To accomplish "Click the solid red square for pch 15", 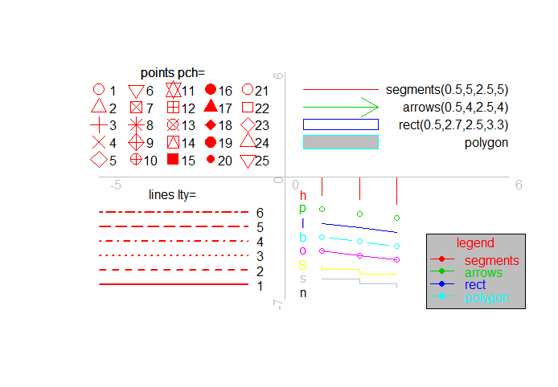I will (x=173, y=159).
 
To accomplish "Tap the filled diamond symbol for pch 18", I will (x=211, y=124).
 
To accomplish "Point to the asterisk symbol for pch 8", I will (x=136, y=124).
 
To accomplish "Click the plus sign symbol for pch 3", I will (x=99, y=124).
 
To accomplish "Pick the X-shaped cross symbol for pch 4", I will (x=99, y=142).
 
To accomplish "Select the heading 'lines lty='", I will (x=172, y=194).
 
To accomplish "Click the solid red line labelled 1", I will (x=173, y=284).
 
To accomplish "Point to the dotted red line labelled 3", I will (x=173, y=255).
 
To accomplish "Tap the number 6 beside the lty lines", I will (x=260, y=213).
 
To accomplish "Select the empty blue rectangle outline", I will (x=340, y=124).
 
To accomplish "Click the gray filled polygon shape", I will (x=340, y=142).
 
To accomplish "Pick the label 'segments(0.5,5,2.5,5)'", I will (x=447, y=90).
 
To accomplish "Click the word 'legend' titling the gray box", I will (x=475, y=242).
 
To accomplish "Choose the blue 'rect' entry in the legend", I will (x=475, y=285).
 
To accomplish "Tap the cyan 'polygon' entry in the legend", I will (x=486, y=297).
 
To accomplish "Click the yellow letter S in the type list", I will (x=303, y=264).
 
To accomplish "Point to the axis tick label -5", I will (x=116, y=185).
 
